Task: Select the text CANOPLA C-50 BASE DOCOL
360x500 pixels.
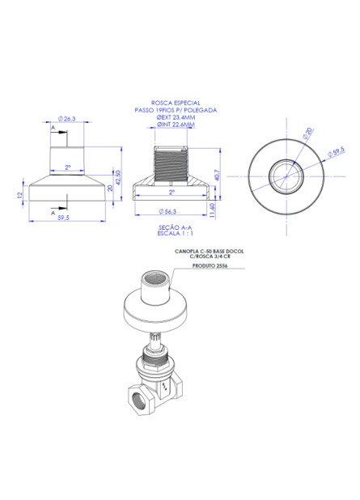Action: coord(208,252)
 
